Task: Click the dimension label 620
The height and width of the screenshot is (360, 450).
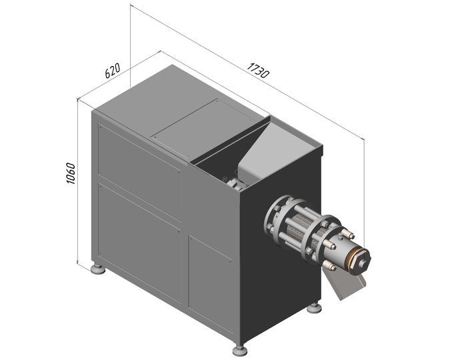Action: [x=112, y=71]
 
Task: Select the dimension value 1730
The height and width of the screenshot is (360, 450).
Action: [x=258, y=71]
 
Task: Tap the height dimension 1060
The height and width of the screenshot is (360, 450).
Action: [x=71, y=173]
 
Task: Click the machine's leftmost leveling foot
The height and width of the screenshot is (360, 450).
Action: [x=97, y=269]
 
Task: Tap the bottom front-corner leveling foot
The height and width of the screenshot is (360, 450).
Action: [x=239, y=350]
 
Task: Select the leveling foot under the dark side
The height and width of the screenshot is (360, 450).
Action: [x=314, y=308]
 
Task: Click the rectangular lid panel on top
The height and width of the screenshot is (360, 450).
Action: [x=203, y=126]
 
